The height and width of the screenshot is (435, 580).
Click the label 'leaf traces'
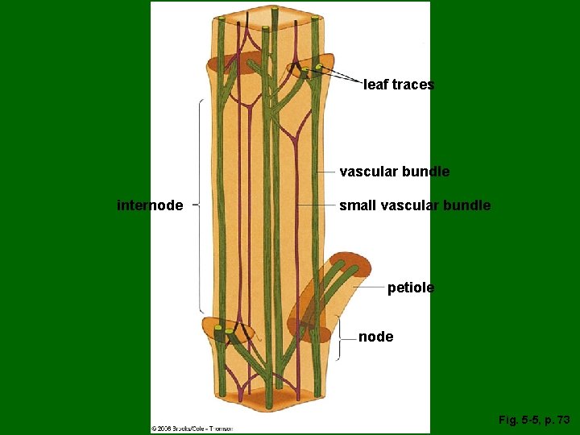[x=399, y=85]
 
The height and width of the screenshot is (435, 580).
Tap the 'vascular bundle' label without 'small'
[x=394, y=172]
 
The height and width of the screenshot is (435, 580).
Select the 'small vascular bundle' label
[x=414, y=205]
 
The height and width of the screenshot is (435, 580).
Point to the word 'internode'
[x=150, y=205]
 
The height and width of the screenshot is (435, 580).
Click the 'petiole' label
[x=410, y=287]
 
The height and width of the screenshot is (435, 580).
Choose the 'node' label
[x=375, y=337]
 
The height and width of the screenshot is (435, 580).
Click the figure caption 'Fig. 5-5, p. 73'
[x=533, y=420]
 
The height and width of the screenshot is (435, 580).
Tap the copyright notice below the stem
[x=193, y=428]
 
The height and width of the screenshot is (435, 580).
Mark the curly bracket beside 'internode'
[x=198, y=205]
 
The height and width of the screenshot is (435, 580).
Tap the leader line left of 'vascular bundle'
[x=326, y=172]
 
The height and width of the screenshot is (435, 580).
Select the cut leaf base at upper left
[x=229, y=63]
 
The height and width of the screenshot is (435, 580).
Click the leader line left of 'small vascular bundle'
[x=317, y=205]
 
